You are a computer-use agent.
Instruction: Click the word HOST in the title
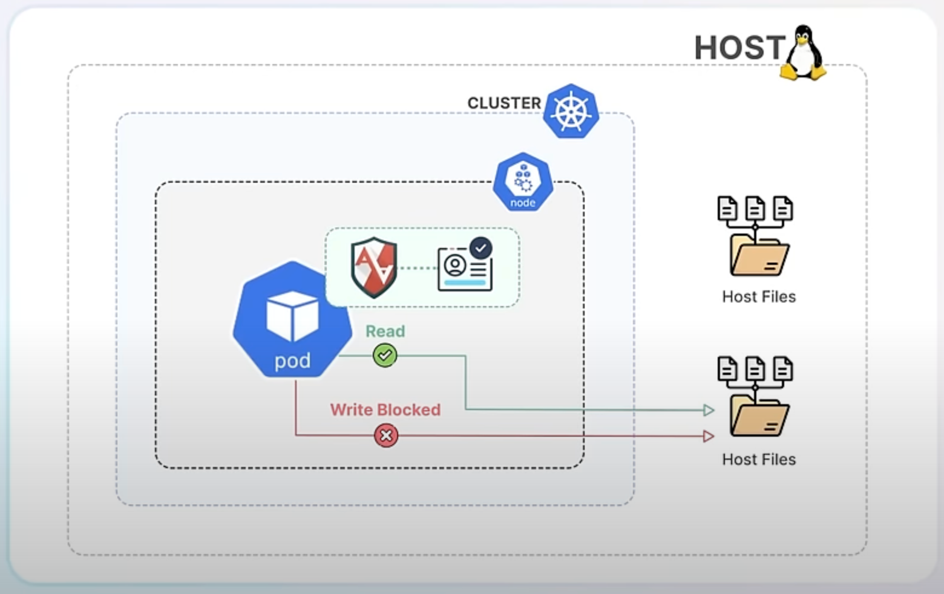click(x=740, y=47)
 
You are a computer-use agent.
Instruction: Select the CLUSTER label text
click(x=504, y=103)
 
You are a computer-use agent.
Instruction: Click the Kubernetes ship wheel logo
click(x=571, y=111)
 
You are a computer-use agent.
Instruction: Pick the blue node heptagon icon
click(x=523, y=182)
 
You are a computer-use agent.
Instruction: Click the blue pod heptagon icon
click(x=292, y=319)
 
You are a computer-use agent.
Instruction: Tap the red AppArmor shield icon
click(x=374, y=267)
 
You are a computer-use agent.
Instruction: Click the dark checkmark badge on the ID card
click(x=481, y=248)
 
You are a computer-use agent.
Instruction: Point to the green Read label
click(x=385, y=331)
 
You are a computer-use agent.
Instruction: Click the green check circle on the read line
click(x=385, y=355)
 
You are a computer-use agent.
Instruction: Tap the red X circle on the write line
click(x=386, y=435)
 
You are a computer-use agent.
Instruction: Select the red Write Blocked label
click(x=385, y=410)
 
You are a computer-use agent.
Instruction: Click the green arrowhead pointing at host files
click(x=709, y=410)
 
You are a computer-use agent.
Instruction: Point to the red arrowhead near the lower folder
click(x=709, y=436)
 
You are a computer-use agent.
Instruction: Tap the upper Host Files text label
click(x=759, y=296)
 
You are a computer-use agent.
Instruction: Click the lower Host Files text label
click(x=759, y=459)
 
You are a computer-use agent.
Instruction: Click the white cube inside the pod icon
click(x=292, y=316)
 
